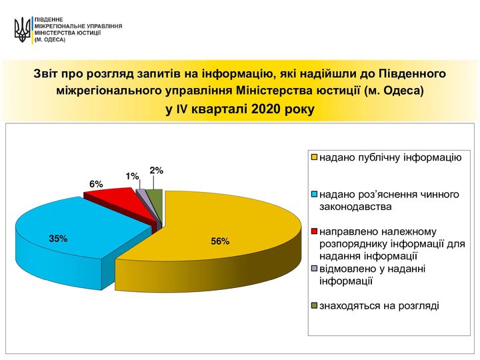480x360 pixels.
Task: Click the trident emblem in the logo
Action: tap(22, 30)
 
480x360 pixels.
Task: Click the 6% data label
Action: tap(96, 184)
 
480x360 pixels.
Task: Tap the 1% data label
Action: tap(132, 176)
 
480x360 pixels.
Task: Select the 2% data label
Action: tap(157, 171)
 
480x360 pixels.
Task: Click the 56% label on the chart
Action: tap(220, 241)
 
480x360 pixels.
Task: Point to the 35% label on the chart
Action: tap(58, 239)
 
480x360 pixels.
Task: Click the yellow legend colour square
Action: tap(314, 157)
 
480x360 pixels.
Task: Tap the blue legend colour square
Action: tap(314, 195)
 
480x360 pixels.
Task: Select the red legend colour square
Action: tap(314, 231)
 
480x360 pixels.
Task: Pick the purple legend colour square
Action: tap(314, 269)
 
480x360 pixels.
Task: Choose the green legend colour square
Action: tap(314, 305)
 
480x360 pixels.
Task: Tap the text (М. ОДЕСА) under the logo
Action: tap(50, 40)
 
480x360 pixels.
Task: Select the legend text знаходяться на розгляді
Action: tap(379, 306)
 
